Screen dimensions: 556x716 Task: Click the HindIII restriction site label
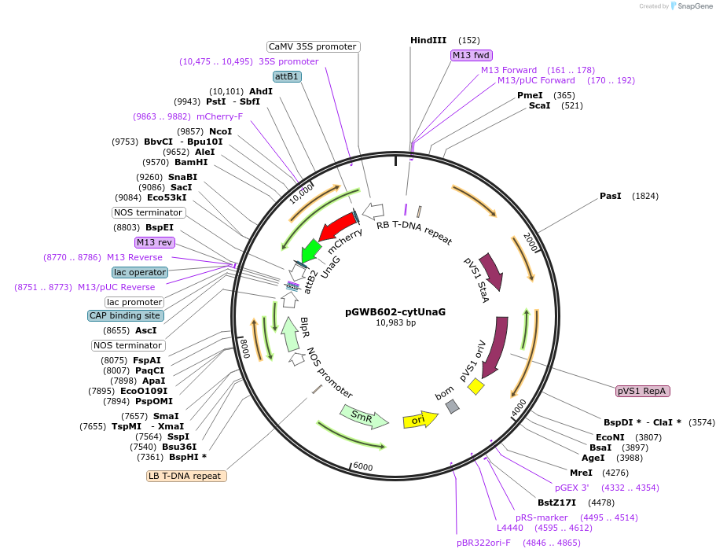[x=428, y=40]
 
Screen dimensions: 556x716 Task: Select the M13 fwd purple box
[x=472, y=55]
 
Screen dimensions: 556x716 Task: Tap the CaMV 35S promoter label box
[x=313, y=46]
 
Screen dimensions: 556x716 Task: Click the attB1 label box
[x=286, y=76]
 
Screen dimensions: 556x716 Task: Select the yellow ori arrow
[x=419, y=421]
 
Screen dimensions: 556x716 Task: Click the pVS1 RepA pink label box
[x=643, y=391]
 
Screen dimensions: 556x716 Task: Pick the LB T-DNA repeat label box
[x=187, y=476]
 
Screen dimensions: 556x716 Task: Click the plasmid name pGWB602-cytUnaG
[x=395, y=311]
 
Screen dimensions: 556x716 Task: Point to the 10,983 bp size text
[x=395, y=322]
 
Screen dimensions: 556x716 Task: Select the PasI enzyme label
[x=611, y=196]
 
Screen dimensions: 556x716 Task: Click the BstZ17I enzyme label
[x=556, y=503]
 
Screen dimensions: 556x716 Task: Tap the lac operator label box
[x=140, y=272]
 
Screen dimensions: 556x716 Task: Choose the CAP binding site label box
[x=126, y=315]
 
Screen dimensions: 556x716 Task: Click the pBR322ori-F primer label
[x=483, y=543]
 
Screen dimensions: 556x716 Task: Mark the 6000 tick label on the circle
[x=362, y=466]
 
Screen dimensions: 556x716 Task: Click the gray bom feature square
[x=452, y=406]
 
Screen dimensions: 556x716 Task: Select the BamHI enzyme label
[x=191, y=162]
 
